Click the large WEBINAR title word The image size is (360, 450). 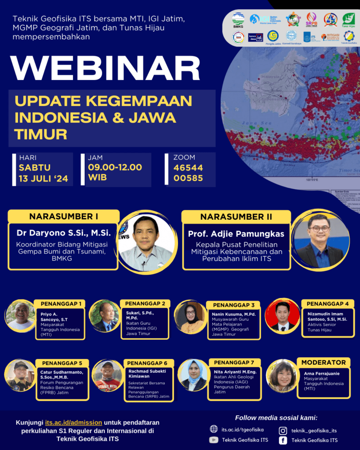(x=105, y=68)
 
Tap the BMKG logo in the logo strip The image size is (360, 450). (x=238, y=19)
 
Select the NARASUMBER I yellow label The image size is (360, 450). (x=63, y=217)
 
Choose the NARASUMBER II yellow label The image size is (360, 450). (x=236, y=217)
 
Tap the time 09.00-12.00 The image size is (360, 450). (x=115, y=167)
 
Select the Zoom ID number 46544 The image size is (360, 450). (x=188, y=167)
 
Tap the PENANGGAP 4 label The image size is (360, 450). (x=327, y=304)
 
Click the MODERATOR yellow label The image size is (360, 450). (x=323, y=363)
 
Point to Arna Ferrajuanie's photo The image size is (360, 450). (x=282, y=376)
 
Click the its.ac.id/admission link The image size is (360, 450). (x=80, y=422)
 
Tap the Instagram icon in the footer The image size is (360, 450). (x=283, y=431)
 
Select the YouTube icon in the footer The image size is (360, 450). (x=214, y=440)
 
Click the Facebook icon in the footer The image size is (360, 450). (x=283, y=440)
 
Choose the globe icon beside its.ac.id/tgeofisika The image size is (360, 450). (x=214, y=429)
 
